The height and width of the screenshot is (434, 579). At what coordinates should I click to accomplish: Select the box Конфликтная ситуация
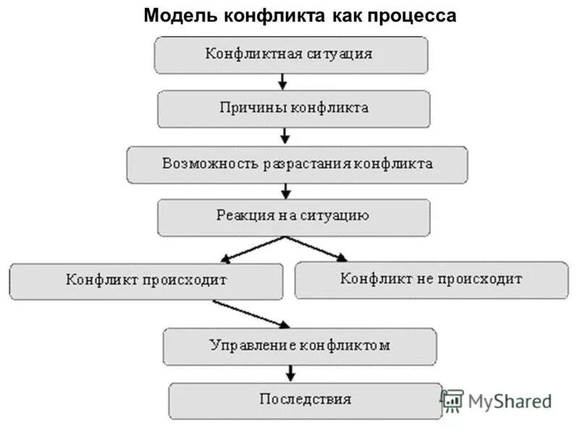click(289, 54)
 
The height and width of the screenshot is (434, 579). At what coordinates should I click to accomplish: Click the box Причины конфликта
click(294, 108)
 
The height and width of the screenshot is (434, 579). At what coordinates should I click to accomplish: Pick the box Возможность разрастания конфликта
click(297, 163)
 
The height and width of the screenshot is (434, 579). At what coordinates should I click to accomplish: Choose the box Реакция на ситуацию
click(293, 216)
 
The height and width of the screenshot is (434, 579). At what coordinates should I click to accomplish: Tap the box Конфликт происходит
click(146, 280)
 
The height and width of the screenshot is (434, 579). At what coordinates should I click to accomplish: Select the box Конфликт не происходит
click(431, 278)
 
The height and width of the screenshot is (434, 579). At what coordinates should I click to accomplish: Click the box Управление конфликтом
click(300, 345)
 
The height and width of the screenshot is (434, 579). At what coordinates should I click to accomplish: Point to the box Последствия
click(305, 399)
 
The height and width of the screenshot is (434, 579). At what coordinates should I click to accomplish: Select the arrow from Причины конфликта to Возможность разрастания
click(285, 135)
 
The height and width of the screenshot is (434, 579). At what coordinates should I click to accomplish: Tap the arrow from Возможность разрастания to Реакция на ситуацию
click(286, 191)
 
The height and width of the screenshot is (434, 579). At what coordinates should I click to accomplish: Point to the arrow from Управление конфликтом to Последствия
click(291, 373)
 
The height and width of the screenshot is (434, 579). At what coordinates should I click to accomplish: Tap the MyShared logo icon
click(452, 401)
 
